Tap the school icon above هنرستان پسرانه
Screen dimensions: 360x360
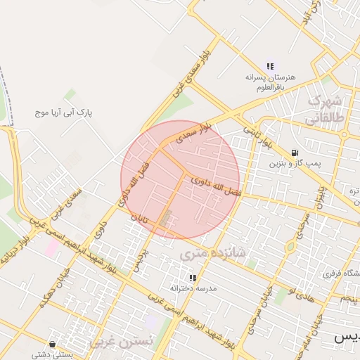click(270, 67)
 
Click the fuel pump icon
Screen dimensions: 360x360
click(293, 153)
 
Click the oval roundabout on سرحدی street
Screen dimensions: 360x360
click(290, 247)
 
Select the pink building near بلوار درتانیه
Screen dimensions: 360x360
click(53, 247)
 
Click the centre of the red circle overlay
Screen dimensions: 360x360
click(180, 180)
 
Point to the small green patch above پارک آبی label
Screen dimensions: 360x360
click(70, 94)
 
